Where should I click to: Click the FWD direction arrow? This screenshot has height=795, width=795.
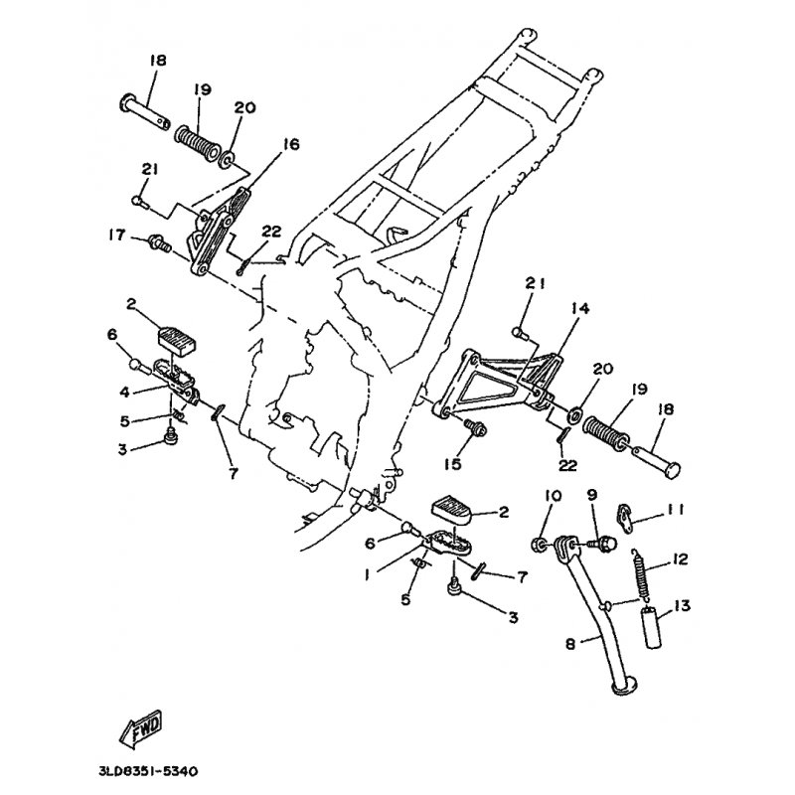(141, 729)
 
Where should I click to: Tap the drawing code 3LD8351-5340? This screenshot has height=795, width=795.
(148, 772)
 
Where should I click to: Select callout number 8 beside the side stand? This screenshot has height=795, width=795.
(570, 644)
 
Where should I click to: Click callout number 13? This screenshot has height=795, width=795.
(683, 605)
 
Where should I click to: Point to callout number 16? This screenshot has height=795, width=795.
(291, 144)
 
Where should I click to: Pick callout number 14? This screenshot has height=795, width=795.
(580, 308)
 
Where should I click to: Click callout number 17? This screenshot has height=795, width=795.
(116, 235)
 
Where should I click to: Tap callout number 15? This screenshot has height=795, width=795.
(453, 463)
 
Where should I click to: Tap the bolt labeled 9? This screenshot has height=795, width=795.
(603, 545)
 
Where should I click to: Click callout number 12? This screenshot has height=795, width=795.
(680, 559)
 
